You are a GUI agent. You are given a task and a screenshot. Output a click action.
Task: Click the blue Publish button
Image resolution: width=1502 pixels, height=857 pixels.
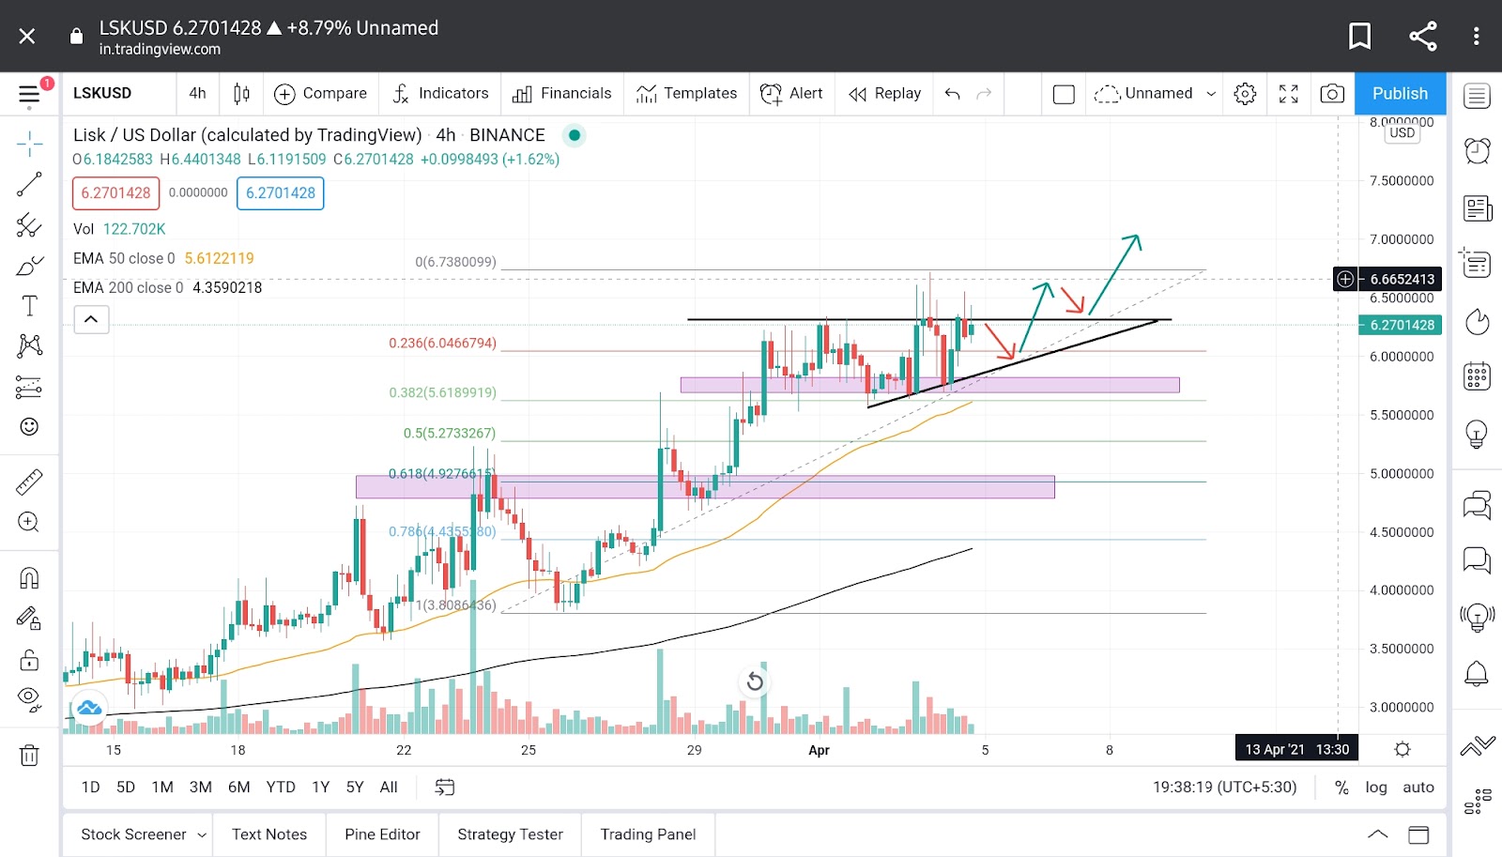[1400, 93]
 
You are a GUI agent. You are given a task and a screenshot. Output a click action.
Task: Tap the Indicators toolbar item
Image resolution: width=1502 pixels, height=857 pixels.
[441, 93]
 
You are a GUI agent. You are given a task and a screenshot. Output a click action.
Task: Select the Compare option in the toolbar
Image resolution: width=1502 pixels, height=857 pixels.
[321, 93]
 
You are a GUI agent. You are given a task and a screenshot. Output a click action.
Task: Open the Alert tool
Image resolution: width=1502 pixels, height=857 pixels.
[791, 93]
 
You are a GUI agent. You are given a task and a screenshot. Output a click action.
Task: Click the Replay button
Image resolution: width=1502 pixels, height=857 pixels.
[885, 93]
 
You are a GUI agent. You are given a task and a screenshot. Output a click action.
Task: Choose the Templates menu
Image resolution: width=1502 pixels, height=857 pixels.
[687, 93]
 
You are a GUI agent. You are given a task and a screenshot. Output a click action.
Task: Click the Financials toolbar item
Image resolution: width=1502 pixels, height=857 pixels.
[562, 93]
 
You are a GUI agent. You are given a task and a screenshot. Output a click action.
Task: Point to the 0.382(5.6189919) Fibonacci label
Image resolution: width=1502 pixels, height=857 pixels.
[442, 392]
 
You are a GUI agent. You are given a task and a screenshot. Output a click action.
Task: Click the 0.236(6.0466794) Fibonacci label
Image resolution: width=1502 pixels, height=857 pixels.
[442, 344]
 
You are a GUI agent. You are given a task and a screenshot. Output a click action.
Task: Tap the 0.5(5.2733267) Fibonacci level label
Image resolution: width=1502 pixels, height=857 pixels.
[449, 434]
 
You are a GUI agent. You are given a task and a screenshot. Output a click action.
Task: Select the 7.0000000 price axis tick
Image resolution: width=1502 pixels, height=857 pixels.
[1402, 239]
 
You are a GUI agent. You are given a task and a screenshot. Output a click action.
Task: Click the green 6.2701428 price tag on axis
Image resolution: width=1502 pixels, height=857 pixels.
[1402, 325]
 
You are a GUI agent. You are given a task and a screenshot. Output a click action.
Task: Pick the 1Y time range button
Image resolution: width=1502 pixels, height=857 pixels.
[320, 787]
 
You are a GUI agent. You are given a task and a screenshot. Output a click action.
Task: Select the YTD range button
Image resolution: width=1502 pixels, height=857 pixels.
[280, 787]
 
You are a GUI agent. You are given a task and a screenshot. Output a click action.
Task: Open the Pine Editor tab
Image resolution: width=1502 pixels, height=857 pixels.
[382, 834]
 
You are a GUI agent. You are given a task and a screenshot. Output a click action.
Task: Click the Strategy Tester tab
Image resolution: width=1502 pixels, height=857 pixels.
[510, 834]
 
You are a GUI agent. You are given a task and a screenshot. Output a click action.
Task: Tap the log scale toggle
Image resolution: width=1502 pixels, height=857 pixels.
[1375, 787]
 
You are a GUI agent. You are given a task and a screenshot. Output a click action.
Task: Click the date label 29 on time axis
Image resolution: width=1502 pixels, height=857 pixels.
[694, 750]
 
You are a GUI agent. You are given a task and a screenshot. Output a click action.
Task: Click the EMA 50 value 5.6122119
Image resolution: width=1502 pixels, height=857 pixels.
[219, 258]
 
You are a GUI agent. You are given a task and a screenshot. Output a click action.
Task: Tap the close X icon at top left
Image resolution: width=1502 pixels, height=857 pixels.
[27, 36]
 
